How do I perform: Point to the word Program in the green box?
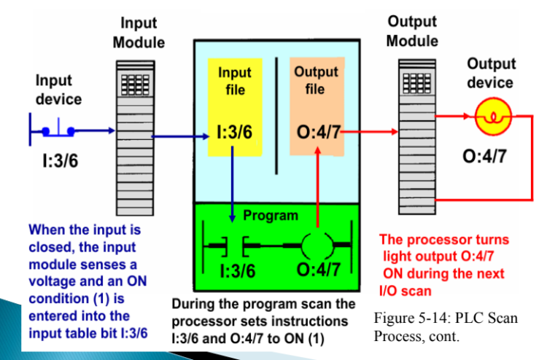pos(270,216)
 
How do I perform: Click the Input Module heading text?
pos(139,34)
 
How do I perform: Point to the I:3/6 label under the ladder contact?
pos(238,271)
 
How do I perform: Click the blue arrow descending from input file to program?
pos(232,182)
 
